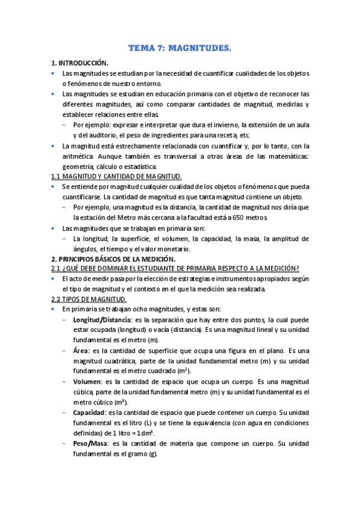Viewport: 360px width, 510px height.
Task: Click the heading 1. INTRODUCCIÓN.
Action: (79, 63)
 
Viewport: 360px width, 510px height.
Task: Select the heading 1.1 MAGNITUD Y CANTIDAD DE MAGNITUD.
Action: (116, 176)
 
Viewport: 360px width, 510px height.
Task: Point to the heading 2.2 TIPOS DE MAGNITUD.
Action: (88, 299)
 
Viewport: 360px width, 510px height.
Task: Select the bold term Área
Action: (81, 350)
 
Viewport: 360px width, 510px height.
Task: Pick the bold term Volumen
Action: (87, 381)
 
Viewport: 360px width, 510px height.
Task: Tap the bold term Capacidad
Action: (89, 413)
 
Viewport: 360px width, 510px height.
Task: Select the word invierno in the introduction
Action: (224, 124)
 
